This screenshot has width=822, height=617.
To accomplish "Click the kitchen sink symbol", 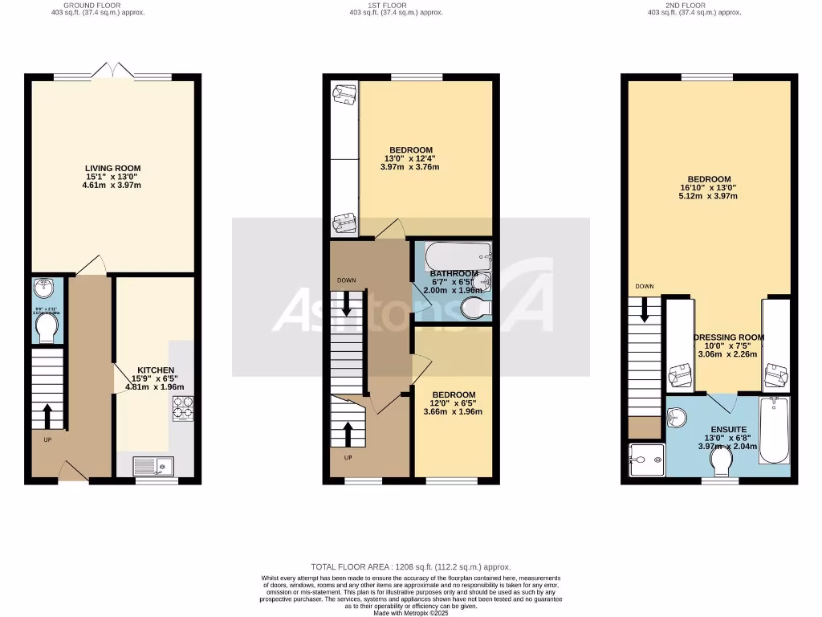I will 151,464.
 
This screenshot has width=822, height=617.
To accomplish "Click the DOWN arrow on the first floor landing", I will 347,303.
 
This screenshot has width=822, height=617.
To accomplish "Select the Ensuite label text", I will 726,430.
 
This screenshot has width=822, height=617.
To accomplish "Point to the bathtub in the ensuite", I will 775,430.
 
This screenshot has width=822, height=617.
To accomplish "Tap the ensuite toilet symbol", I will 720,462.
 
